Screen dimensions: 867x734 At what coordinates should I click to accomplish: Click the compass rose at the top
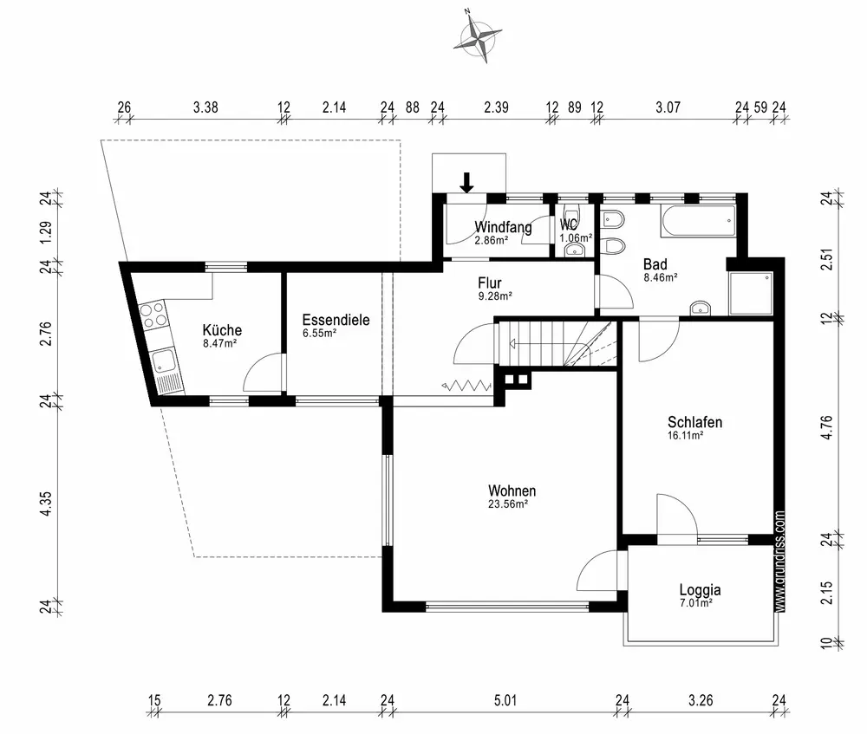pos(477,36)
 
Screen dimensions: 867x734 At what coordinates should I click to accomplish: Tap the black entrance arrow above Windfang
pos(467,182)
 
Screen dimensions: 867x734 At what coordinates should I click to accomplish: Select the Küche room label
pos(222,330)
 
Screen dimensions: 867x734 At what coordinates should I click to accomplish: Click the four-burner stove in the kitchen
pos(153,315)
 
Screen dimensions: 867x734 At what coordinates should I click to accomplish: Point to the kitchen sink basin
pos(164,361)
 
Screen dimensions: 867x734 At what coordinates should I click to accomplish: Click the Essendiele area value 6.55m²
pos(320,334)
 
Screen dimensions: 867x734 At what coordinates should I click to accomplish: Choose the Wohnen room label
pos(512,490)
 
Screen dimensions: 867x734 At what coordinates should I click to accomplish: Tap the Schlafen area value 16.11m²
pos(686,436)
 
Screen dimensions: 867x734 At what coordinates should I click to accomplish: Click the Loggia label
pos(700,590)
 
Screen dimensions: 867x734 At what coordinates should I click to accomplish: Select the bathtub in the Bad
pos(698,221)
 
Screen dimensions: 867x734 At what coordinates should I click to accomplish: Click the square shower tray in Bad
pos(751,293)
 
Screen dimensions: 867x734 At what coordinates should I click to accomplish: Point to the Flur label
pos(489,283)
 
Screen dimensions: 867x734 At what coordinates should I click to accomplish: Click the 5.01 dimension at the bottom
pos(505,701)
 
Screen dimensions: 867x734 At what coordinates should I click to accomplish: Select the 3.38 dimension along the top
pos(205,107)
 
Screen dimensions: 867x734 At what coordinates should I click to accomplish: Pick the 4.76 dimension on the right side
pos(826,428)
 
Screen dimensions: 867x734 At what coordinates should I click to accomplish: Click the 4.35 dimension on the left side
pos(47,504)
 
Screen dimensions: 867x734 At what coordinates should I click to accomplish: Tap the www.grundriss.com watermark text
pos(779,561)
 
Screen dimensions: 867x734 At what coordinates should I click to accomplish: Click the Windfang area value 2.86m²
pos(492,240)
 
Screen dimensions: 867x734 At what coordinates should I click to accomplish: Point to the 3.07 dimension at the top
pos(668,107)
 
